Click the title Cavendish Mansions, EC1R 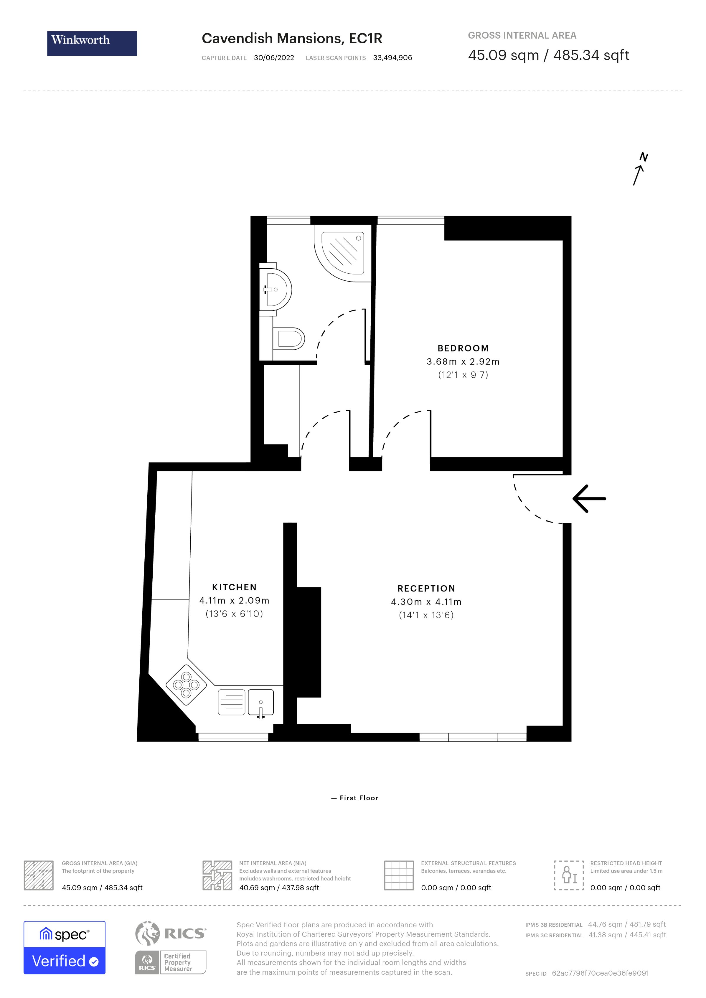pyautogui.click(x=292, y=39)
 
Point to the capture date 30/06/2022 pyautogui.click(x=274, y=58)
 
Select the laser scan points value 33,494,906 pyautogui.click(x=392, y=58)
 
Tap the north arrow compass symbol pyautogui.click(x=639, y=169)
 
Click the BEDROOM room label pyautogui.click(x=463, y=348)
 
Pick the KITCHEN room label pyautogui.click(x=234, y=587)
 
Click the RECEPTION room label pyautogui.click(x=426, y=589)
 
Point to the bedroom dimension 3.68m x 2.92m pyautogui.click(x=463, y=362)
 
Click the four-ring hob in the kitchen pyautogui.click(x=186, y=685)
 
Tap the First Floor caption pyautogui.click(x=355, y=798)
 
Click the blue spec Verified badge pyautogui.click(x=64, y=948)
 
